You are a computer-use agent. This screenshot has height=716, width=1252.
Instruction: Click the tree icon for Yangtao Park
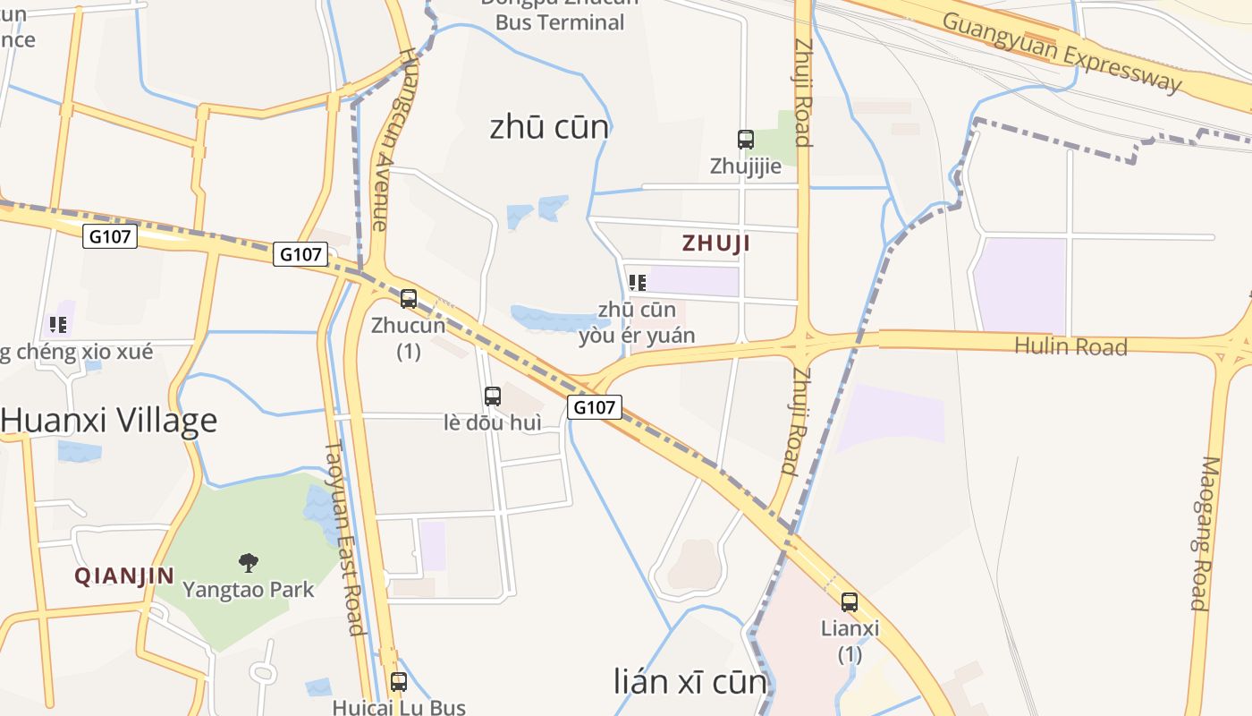pyautogui.click(x=249, y=563)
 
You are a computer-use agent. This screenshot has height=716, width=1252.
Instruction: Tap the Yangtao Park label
pyautogui.click(x=249, y=590)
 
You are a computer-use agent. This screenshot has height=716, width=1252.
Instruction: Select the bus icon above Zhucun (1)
pyautogui.click(x=409, y=299)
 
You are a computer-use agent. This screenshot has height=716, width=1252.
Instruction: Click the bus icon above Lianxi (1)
pyautogui.click(x=850, y=602)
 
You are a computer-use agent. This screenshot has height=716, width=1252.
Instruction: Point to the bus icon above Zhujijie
pyautogui.click(x=746, y=140)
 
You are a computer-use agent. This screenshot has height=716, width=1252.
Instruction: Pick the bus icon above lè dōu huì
pyautogui.click(x=493, y=396)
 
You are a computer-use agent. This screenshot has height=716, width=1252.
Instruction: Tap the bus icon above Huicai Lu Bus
pyautogui.click(x=399, y=682)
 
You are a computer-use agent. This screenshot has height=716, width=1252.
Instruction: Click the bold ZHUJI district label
pyautogui.click(x=716, y=243)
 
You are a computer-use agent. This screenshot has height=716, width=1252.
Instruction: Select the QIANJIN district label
pyautogui.click(x=124, y=576)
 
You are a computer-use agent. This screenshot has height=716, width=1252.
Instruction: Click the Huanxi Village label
pyautogui.click(x=109, y=421)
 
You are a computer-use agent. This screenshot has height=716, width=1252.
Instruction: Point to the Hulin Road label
pyautogui.click(x=1070, y=346)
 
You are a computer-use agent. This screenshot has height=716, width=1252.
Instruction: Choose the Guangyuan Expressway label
pyautogui.click(x=1062, y=52)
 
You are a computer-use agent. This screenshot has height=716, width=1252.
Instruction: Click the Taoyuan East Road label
pyautogui.click(x=345, y=537)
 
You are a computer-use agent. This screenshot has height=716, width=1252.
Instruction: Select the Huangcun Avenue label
pyautogui.click(x=393, y=139)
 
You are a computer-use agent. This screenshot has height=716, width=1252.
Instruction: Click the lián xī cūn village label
pyautogui.click(x=690, y=682)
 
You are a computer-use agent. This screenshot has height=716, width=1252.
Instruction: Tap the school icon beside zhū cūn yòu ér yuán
pyautogui.click(x=638, y=284)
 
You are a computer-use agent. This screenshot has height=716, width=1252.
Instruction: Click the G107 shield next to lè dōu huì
pyautogui.click(x=595, y=407)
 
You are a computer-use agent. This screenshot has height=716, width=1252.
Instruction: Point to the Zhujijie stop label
pyautogui.click(x=746, y=166)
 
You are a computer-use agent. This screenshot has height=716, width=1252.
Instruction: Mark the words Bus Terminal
pyautogui.click(x=560, y=23)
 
